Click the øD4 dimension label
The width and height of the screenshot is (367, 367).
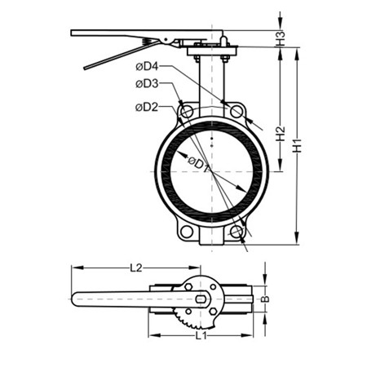pos(147,66)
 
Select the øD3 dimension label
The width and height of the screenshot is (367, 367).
pos(147,84)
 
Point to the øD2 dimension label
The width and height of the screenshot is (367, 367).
pos(147,107)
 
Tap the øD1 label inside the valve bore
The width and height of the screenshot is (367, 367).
pos(198,164)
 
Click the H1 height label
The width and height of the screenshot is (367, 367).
pos(297,145)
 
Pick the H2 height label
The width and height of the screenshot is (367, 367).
pos(281,134)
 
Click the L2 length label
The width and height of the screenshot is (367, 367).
pos(136,268)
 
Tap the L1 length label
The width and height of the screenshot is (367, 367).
pos(201,336)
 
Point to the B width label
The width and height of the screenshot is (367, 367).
pos(265,299)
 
